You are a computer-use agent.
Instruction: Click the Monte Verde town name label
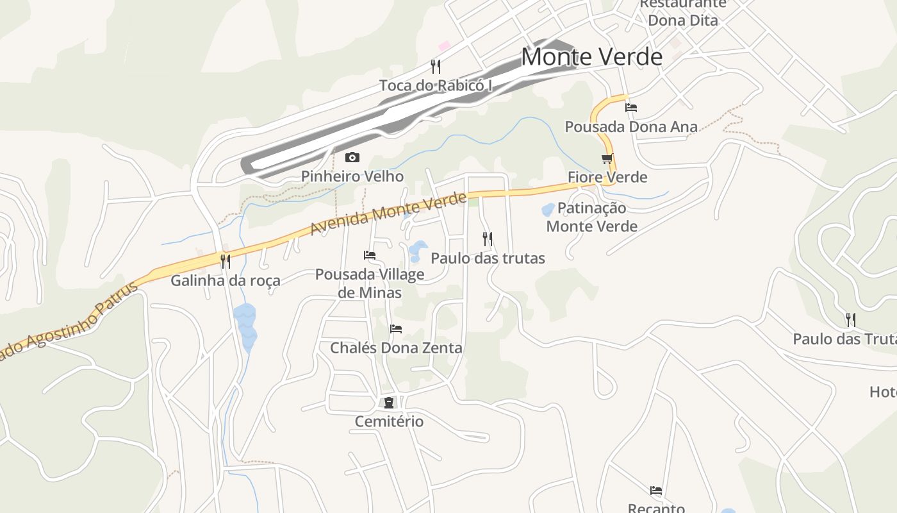[591, 57]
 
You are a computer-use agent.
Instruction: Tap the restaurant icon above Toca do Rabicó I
[436, 66]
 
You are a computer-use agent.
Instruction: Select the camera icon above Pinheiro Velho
[352, 157]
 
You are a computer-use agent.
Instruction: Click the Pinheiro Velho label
[352, 176]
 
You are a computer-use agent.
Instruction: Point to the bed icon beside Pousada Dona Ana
[631, 108]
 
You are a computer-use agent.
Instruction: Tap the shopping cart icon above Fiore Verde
[607, 158]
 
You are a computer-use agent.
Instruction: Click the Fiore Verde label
[607, 177]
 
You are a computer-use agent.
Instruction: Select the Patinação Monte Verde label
[591, 217]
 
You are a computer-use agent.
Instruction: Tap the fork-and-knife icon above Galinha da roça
[225, 261]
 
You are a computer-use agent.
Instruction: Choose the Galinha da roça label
[225, 280]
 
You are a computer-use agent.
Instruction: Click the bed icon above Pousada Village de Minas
[370, 255]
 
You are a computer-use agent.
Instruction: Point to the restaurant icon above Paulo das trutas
[488, 239]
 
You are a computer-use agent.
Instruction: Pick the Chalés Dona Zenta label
[396, 348]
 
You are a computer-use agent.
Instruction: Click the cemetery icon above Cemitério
[389, 403]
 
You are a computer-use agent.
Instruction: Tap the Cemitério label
[389, 421]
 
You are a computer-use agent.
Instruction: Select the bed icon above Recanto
[656, 491]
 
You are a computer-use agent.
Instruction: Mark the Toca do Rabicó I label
[436, 85]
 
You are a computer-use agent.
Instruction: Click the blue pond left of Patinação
[548, 209]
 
